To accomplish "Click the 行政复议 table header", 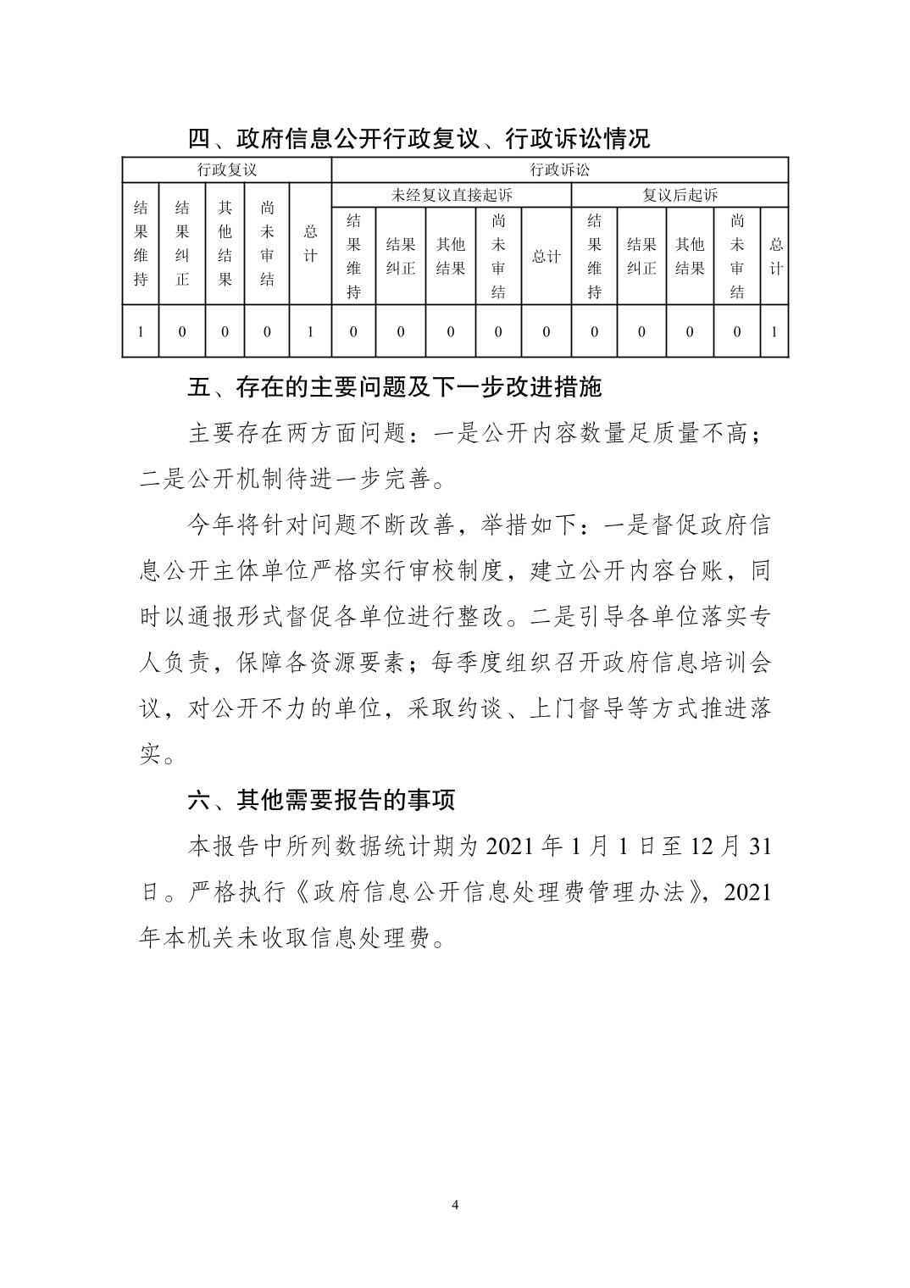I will click(x=226, y=169).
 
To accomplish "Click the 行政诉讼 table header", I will click(x=559, y=169).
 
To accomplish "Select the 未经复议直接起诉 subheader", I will click(x=452, y=195).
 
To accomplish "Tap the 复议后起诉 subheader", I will click(x=680, y=195).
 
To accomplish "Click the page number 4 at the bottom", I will click(x=456, y=1205).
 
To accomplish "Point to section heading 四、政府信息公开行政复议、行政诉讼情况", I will click(x=419, y=138).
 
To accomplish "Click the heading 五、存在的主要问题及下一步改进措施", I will click(x=394, y=387).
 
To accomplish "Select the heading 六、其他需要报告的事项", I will click(x=321, y=798).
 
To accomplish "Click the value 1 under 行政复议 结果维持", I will click(x=141, y=331).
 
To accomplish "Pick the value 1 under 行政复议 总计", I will click(x=310, y=331).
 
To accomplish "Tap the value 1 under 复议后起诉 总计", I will click(x=774, y=331).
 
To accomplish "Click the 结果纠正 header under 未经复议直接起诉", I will click(x=401, y=257).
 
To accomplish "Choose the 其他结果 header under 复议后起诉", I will click(x=690, y=257).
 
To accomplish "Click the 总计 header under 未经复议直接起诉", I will click(x=546, y=257).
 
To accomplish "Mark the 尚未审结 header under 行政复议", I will click(x=267, y=243).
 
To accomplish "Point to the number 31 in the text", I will click(x=761, y=846).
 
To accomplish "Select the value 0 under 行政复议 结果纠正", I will click(x=182, y=331).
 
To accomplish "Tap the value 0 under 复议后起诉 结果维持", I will click(x=594, y=331).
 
